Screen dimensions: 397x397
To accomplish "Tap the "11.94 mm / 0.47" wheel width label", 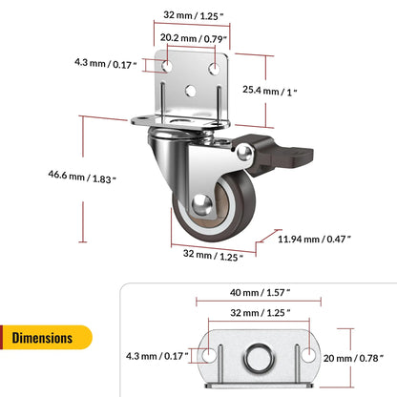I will (x=317, y=238).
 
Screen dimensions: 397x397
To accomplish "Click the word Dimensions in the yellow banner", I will (x=43, y=337).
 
